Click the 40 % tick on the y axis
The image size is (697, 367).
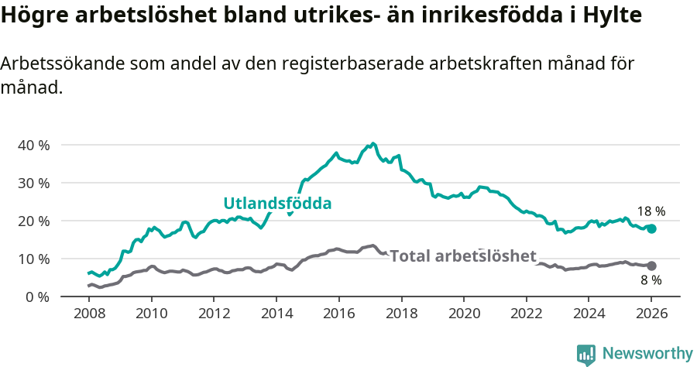coord(33,145)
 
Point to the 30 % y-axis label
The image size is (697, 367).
coord(33,183)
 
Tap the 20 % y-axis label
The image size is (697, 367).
coord(33,221)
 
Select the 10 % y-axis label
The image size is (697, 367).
coord(33,259)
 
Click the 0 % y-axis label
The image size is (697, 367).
coord(36,297)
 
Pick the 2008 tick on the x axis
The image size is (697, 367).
coord(89,314)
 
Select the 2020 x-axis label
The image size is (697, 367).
coord(464,314)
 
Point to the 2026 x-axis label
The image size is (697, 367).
coord(651,314)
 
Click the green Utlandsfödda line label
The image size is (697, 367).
coord(277,204)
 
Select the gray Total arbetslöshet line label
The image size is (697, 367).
coord(462,256)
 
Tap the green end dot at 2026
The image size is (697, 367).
coord(651,228)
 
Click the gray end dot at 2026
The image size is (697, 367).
coord(651,266)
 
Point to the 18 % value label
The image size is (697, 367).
coord(651,211)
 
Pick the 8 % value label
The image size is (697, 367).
coord(651,280)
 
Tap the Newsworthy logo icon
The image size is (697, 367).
coord(586,354)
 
